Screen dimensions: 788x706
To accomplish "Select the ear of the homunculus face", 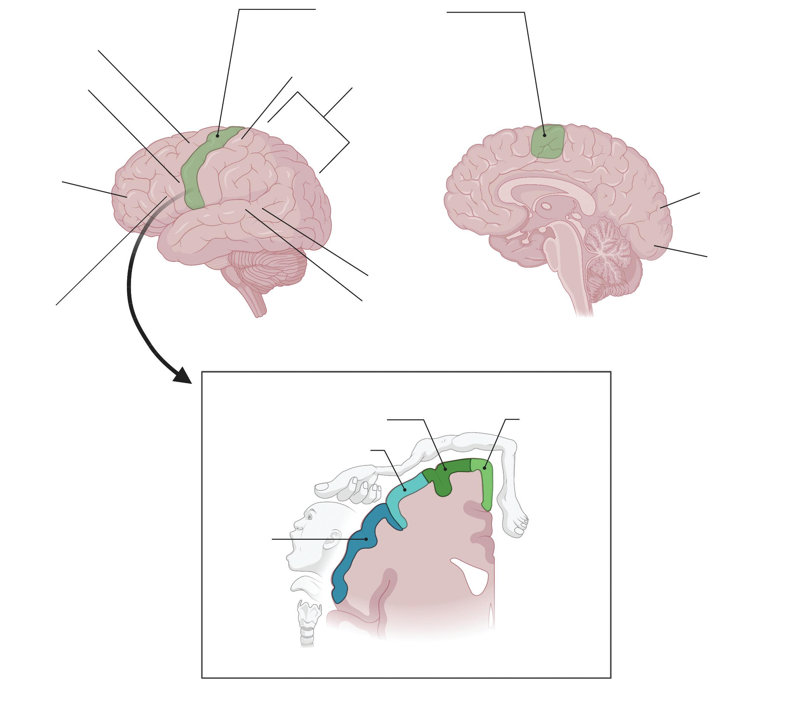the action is click(x=335, y=537).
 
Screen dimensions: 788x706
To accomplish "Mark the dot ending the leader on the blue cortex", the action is click(x=366, y=539).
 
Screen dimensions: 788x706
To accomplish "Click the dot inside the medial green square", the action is click(x=545, y=135).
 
